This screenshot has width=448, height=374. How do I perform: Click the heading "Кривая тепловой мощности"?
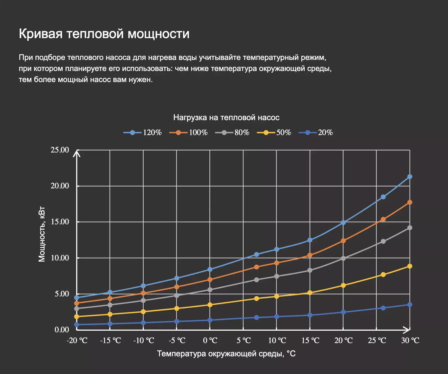pos(104,34)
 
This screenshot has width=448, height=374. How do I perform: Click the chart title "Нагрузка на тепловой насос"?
pos(226,118)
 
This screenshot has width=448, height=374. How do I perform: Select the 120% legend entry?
pos(143,133)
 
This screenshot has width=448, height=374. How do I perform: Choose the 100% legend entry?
pos(188,133)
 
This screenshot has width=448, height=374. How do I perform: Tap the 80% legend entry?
pos(232,133)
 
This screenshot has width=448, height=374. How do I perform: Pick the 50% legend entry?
pos(274,133)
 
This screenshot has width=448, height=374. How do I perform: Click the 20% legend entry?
pos(316,133)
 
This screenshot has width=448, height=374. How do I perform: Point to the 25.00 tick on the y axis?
pos(60,150)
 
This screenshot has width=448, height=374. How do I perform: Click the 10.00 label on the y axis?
pos(60,258)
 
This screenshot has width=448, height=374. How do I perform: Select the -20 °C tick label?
pos(77,341)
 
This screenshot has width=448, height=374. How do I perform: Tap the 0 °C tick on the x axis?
pos(210,341)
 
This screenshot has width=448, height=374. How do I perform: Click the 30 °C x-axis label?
pos(410,341)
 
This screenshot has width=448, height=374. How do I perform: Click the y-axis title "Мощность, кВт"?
pos(42,234)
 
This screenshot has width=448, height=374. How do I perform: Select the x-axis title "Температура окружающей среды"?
pos(226,354)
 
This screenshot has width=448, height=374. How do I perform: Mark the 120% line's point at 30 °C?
pos(410,177)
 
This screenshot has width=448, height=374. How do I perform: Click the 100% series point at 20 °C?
pos(343,241)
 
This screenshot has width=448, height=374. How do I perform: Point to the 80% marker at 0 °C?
pos(210,290)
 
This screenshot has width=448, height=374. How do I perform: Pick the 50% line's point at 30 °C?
pos(410,266)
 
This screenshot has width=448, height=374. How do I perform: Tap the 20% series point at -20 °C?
pos(77,325)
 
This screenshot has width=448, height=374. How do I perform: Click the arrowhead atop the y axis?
pos(77,153)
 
